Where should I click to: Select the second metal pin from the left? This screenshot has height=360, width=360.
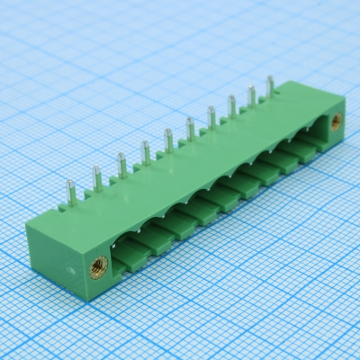click(96, 178)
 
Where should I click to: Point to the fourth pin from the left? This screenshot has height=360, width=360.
click(145, 152)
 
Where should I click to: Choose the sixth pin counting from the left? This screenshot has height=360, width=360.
click(190, 127)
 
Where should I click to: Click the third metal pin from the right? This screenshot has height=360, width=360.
click(231, 105)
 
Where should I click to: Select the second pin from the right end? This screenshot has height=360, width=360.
click(251, 94)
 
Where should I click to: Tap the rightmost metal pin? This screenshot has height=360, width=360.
click(270, 85)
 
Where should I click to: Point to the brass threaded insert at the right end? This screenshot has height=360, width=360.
click(335, 119)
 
